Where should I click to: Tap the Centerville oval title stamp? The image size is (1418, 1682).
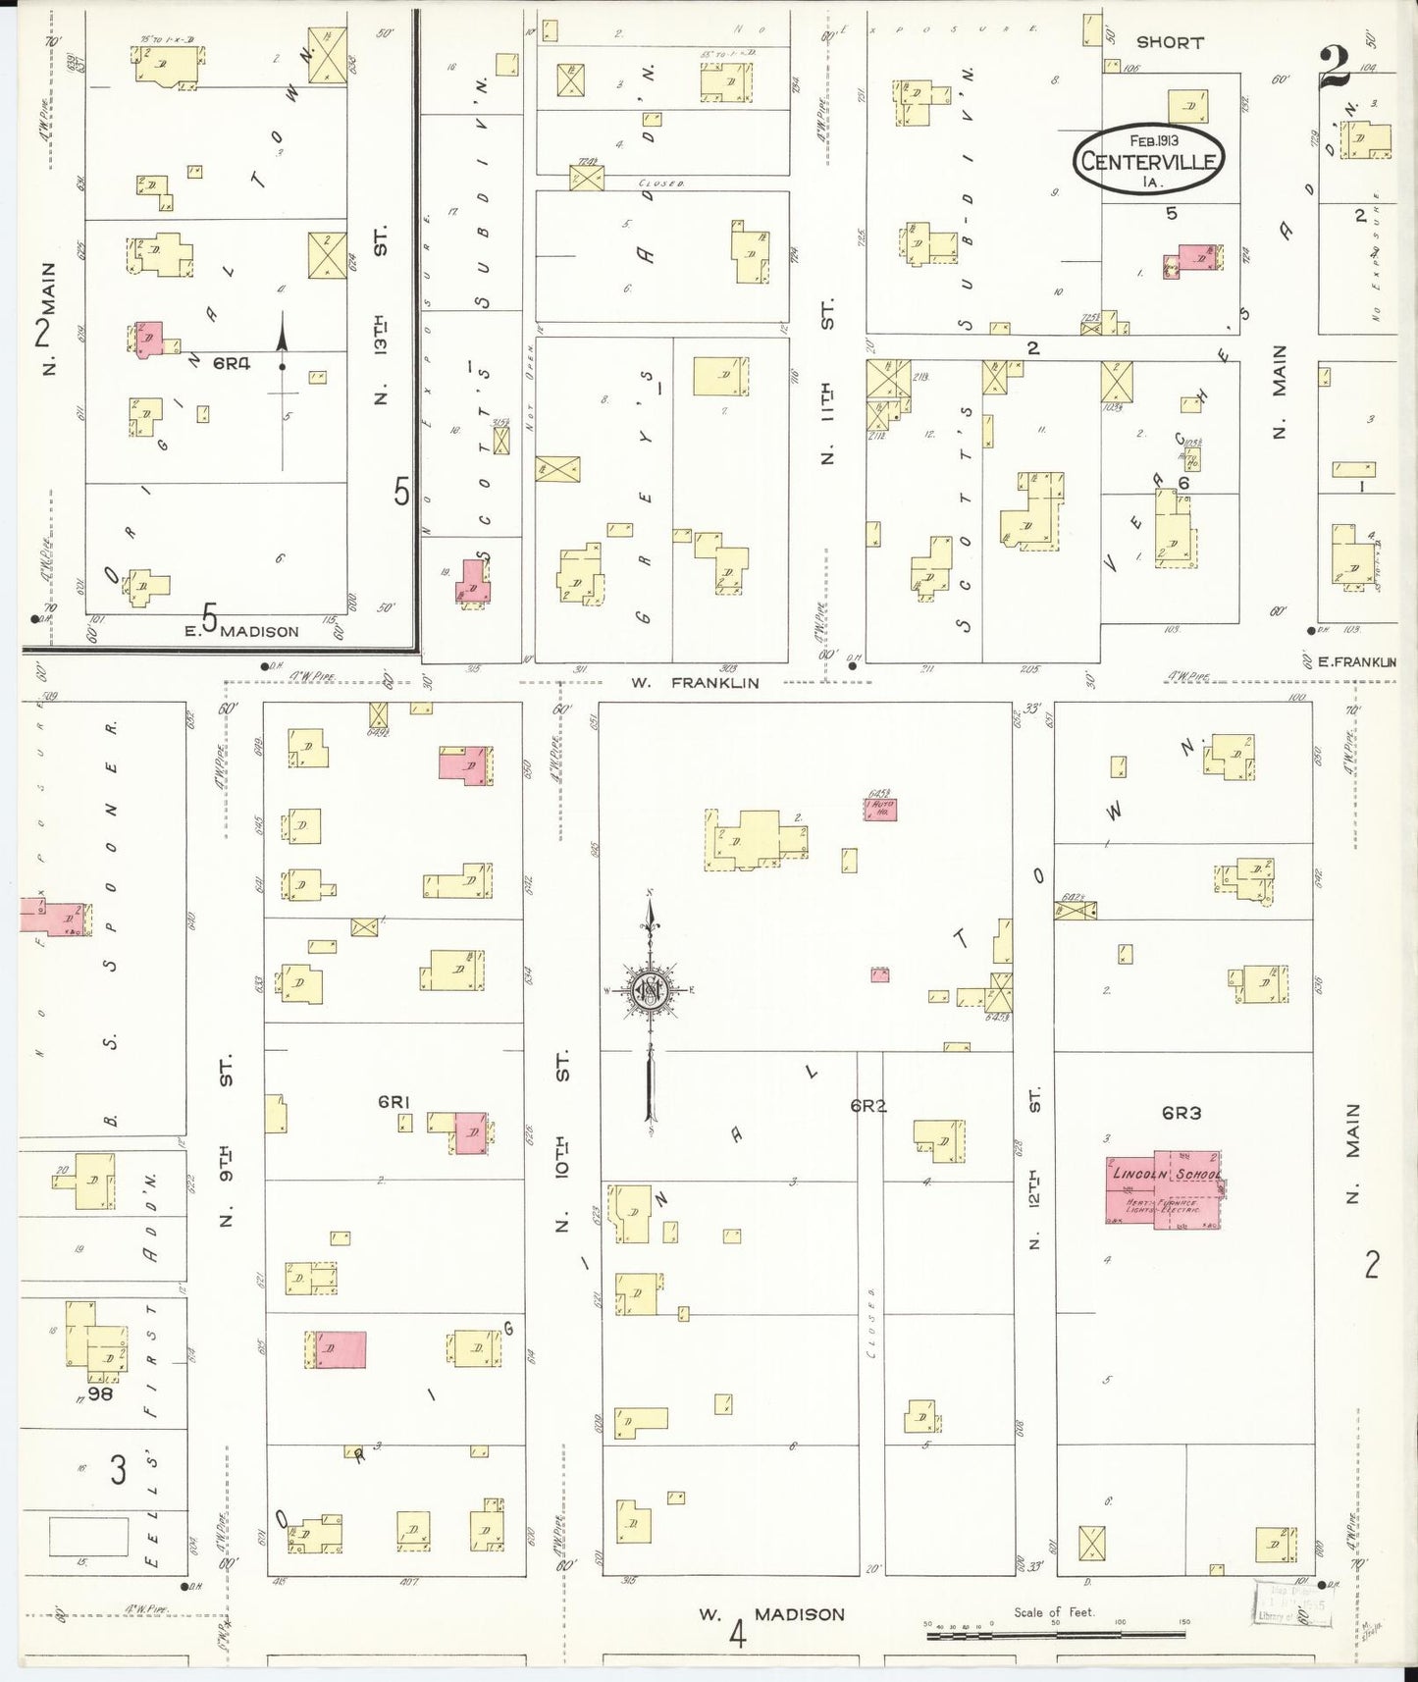(x=1148, y=161)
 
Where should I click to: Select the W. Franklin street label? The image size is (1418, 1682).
(x=695, y=683)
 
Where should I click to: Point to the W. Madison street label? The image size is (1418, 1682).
(x=771, y=1614)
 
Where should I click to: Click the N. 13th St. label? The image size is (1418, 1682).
(x=381, y=314)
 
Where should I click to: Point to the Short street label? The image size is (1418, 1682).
(x=1170, y=43)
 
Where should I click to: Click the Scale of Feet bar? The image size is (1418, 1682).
(x=1055, y=1634)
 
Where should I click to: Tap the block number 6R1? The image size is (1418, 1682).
(x=393, y=1102)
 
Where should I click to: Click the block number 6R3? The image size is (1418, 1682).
(x=1182, y=1113)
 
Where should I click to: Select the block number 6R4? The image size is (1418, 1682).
(x=232, y=364)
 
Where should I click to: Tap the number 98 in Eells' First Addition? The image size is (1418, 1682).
(x=100, y=1393)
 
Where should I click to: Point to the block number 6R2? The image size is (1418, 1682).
(x=868, y=1106)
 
